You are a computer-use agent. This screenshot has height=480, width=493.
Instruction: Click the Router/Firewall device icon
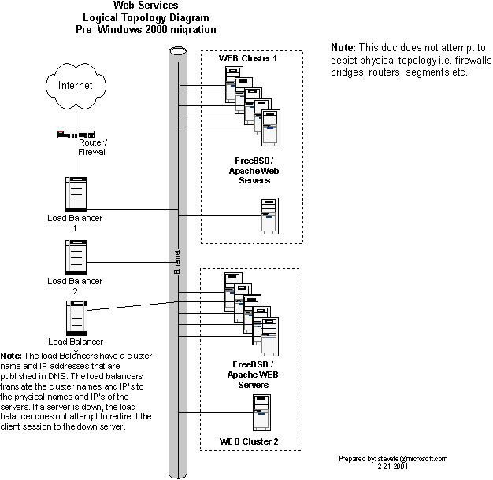point(76,134)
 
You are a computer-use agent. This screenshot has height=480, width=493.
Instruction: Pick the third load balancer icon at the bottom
point(76,318)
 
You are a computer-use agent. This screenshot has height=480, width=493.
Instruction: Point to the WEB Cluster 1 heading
point(248,59)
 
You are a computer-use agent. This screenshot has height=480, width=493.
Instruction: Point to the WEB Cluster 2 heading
point(248,442)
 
